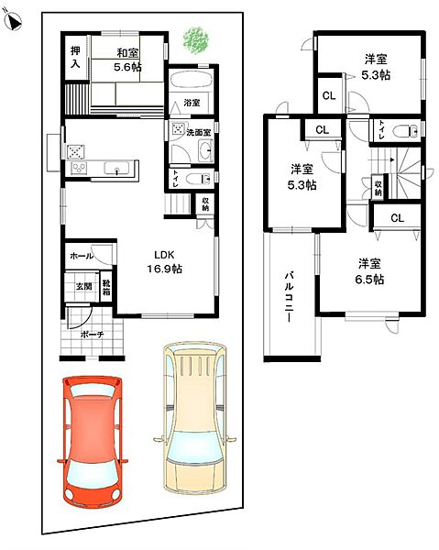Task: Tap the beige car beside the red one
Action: [x=195, y=418]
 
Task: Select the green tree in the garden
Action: [x=195, y=40]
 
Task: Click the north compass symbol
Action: [x=14, y=22]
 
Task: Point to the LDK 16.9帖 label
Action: [x=164, y=261]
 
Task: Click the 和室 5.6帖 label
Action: [x=127, y=60]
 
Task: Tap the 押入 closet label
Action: [x=75, y=57]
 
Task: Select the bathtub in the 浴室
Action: [x=192, y=81]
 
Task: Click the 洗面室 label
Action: [x=199, y=133]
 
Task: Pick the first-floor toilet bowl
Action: [x=198, y=179]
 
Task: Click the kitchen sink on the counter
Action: [x=116, y=168]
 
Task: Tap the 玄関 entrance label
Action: [x=84, y=286]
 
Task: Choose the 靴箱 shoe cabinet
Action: [x=106, y=287]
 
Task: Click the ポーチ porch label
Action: [x=93, y=335]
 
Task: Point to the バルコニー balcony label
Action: [x=289, y=297]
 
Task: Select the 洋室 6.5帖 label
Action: [x=369, y=271]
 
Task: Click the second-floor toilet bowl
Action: [x=406, y=131]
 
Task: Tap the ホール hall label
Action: [x=82, y=256]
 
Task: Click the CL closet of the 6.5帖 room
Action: [x=397, y=218]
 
